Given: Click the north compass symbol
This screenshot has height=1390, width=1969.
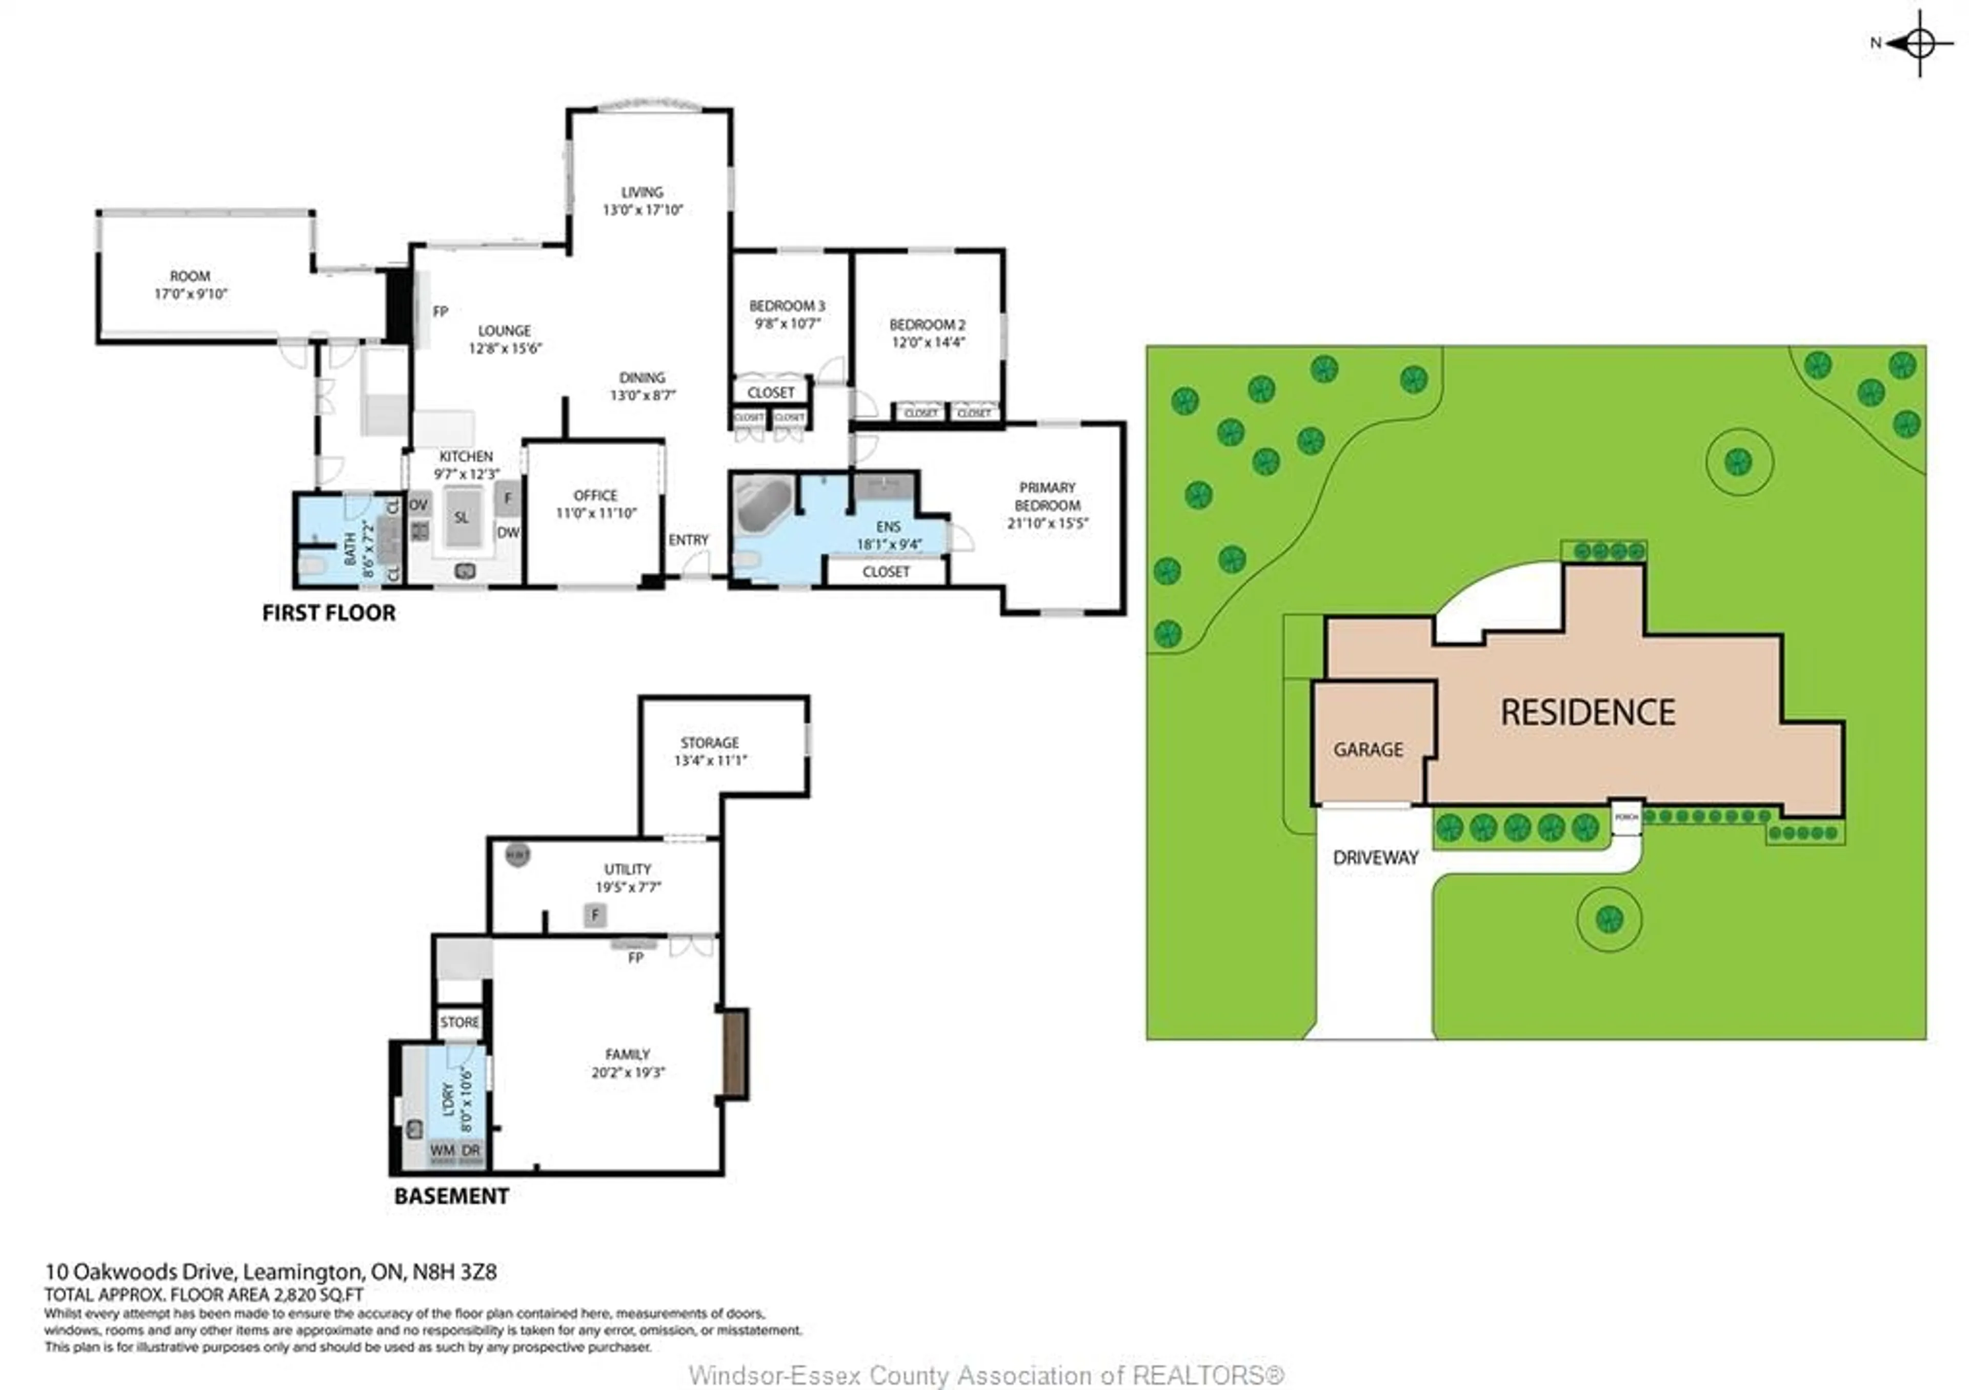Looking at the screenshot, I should pyautogui.click(x=1919, y=43).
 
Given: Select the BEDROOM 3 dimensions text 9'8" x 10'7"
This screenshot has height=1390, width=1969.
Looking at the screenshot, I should pyautogui.click(x=787, y=324).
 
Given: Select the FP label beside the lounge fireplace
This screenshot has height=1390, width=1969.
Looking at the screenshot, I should pyautogui.click(x=440, y=311).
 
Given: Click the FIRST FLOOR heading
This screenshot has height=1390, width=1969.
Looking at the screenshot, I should pyautogui.click(x=329, y=613).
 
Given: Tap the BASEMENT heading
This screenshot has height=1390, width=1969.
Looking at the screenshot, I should pyautogui.click(x=451, y=1196).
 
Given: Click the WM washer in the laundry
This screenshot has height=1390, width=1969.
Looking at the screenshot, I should pyautogui.click(x=443, y=1151).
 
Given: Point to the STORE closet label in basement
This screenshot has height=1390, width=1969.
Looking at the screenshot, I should pyautogui.click(x=459, y=1022).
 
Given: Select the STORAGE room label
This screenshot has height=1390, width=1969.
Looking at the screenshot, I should pyautogui.click(x=709, y=742).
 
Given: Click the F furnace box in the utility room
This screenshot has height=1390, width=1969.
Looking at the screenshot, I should pyautogui.click(x=595, y=915).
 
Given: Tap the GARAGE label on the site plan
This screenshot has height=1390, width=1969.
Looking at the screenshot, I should pyautogui.click(x=1368, y=750).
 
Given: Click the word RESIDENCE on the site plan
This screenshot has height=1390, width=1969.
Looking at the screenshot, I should pyautogui.click(x=1588, y=713).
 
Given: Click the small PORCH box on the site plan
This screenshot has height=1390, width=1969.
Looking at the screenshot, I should pyautogui.click(x=1626, y=817).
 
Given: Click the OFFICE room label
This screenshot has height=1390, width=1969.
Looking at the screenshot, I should pyautogui.click(x=595, y=496).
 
